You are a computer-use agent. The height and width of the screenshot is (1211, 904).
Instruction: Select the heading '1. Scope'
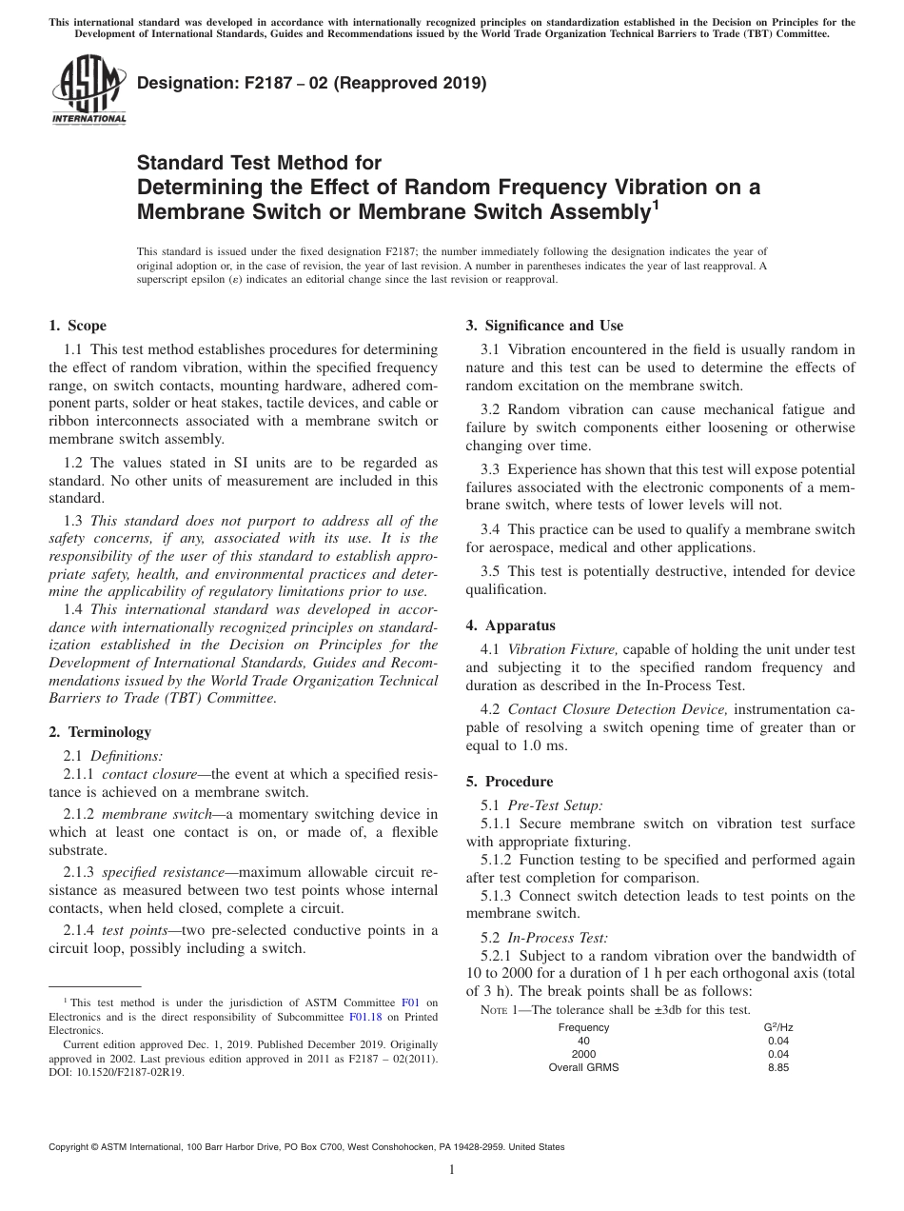pyautogui.click(x=78, y=326)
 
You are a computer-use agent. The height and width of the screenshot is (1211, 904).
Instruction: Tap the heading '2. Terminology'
pyautogui.click(x=100, y=732)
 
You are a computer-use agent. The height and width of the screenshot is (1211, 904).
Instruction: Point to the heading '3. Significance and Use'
pyautogui.click(x=544, y=326)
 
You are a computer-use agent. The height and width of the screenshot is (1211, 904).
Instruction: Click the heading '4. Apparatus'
pyautogui.click(x=510, y=625)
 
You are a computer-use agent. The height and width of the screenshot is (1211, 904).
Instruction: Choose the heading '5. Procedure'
pyautogui.click(x=510, y=782)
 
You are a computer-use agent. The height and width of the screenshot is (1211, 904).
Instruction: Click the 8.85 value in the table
pyautogui.click(x=778, y=1067)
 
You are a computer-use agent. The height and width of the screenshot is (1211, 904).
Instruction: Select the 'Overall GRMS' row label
pyautogui.click(x=583, y=1067)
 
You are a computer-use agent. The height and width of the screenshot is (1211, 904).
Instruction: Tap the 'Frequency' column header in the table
pyautogui.click(x=583, y=1028)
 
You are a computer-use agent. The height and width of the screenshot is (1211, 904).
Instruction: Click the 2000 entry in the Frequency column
pyautogui.click(x=583, y=1054)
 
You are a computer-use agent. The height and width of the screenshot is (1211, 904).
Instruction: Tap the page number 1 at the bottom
pyautogui.click(x=452, y=1170)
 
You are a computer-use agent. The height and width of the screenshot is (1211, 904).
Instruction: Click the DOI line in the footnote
pyautogui.click(x=116, y=1071)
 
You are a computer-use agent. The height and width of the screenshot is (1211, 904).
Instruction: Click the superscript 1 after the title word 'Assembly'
pyautogui.click(x=654, y=203)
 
